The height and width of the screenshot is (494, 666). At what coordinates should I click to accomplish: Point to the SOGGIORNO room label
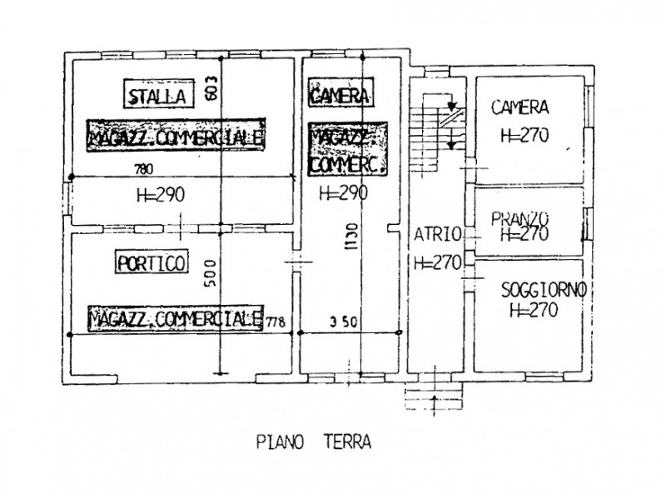(x=545, y=290)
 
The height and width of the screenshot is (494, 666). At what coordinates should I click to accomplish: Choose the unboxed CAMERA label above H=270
(x=519, y=107)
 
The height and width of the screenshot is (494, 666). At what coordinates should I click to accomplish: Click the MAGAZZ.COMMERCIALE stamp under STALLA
(x=176, y=138)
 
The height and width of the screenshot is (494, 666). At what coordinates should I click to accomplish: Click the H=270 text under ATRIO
(x=437, y=262)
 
